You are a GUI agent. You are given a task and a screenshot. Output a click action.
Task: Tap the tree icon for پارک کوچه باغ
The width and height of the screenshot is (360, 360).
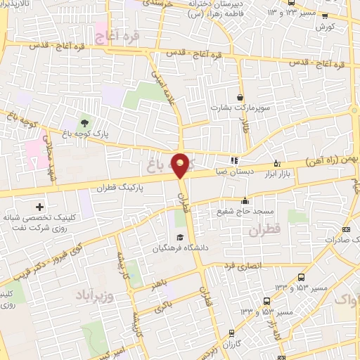click(86, 124)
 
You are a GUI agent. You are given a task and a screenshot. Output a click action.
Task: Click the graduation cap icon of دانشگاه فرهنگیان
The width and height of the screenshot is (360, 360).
click(179, 237)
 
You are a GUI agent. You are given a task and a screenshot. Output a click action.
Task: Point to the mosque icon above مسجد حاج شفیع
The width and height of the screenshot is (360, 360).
click(245, 200)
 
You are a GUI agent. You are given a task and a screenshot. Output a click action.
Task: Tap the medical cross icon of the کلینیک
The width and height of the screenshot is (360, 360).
click(39, 207)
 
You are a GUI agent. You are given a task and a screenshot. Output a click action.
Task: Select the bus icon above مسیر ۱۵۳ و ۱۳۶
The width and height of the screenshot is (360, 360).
click(302, 277)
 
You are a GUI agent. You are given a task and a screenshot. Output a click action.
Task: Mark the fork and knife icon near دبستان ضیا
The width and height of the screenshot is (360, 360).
click(233, 159)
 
